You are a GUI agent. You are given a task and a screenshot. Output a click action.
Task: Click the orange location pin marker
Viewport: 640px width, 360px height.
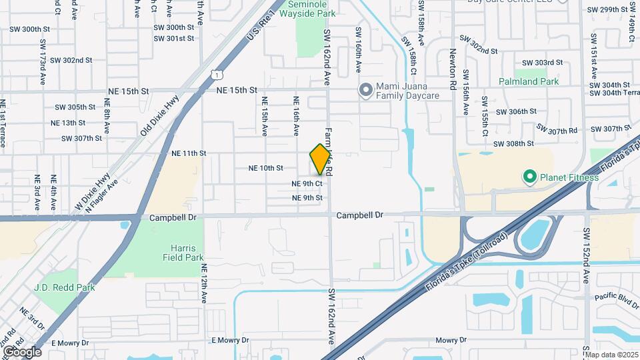tap(321, 159)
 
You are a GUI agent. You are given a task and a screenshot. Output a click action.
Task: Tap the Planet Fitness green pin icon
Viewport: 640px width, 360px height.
tap(530, 177)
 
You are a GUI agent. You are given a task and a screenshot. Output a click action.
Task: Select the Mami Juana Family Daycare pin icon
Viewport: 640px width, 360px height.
tap(365, 90)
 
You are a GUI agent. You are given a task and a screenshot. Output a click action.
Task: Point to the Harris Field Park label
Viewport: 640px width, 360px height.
tap(181, 251)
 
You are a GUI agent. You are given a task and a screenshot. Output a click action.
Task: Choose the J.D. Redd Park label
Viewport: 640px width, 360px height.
tap(65, 287)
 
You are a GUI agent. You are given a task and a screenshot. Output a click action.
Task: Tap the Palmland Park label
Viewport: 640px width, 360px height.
tap(529, 81)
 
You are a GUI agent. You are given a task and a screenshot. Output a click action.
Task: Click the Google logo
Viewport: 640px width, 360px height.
tap(21, 352)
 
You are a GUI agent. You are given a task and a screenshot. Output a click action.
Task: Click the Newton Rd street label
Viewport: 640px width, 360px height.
tap(453, 71)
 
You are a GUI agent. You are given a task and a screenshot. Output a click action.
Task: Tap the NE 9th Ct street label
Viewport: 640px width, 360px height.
tap(307, 183)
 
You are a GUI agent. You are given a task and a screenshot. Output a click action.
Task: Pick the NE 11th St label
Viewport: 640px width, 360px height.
tap(189, 153)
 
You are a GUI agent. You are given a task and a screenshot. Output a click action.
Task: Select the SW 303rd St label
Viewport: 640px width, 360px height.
tap(543, 63)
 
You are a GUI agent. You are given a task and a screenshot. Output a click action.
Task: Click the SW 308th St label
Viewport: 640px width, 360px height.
tap(513, 143)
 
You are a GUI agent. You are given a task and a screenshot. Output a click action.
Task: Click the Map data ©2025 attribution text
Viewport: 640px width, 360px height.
tap(611, 355)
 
